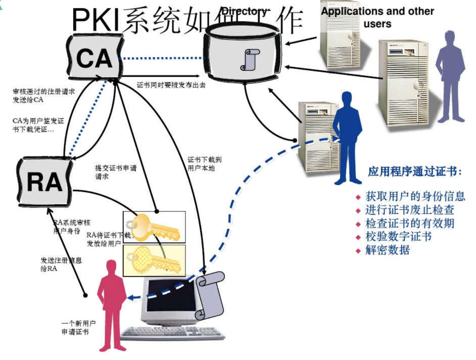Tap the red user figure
coord(112,303)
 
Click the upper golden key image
coord(154,227)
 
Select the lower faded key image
coord(154,260)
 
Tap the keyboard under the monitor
coord(172,333)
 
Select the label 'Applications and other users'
coord(377,17)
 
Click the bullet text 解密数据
coord(388,250)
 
